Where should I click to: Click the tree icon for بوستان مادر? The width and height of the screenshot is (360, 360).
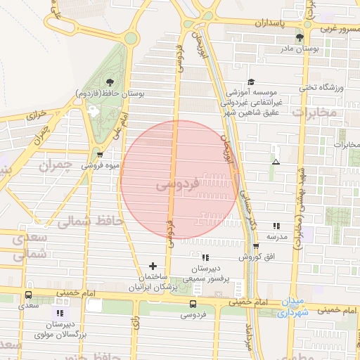click(300, 37)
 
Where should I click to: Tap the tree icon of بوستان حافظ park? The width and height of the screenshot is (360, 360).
click(108, 82)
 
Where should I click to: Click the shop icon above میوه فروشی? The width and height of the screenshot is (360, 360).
click(99, 155)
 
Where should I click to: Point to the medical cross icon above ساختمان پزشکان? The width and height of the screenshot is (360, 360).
click(153, 266)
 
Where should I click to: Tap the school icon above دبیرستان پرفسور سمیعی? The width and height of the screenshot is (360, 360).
click(205, 257)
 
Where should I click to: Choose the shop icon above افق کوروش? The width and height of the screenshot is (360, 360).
click(255, 245)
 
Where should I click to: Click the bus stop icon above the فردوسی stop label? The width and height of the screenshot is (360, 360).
click(193, 304)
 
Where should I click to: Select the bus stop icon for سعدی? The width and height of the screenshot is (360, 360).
click(29, 295)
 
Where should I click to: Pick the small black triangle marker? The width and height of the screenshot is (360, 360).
click(276, 162)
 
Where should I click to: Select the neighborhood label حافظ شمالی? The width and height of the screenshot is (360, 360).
click(89, 221)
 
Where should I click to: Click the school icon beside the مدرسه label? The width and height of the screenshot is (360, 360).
click(277, 226)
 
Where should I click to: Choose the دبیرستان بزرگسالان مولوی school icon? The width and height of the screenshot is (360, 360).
click(60, 312)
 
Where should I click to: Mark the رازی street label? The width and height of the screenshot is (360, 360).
click(134, 324)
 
